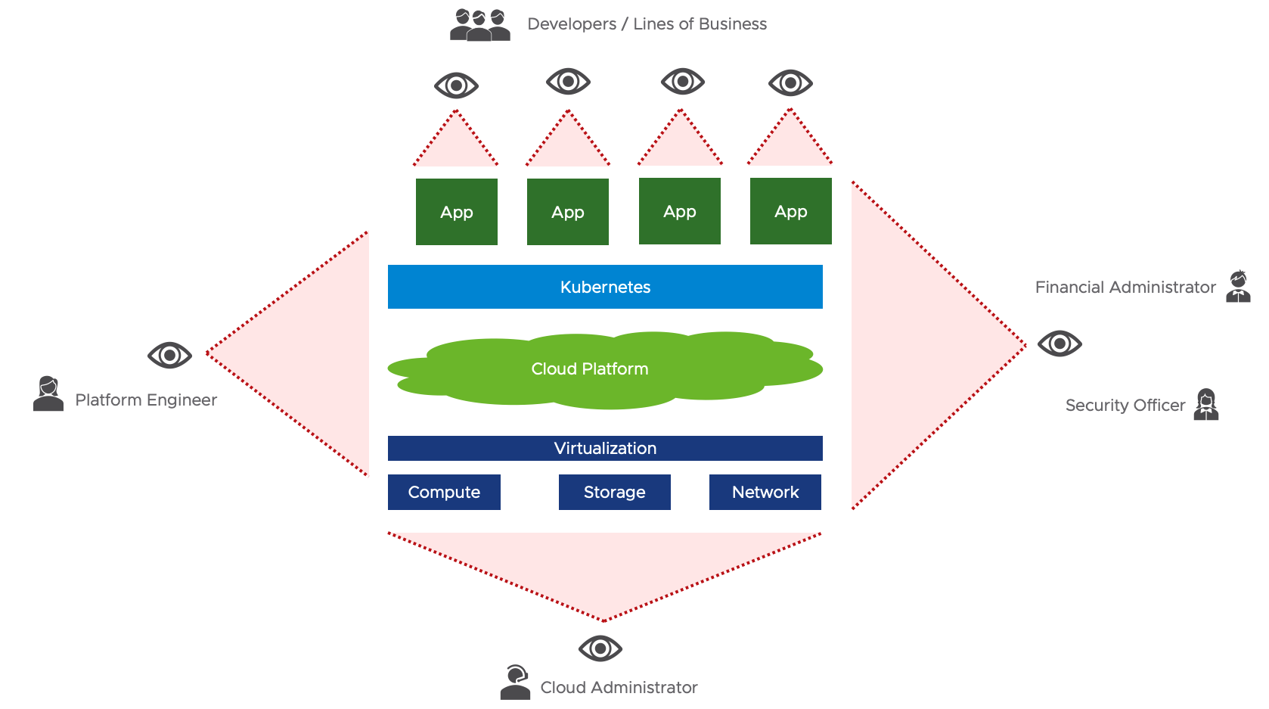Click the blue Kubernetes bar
pos(605,287)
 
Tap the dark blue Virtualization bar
pos(605,448)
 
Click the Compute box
pos(444,492)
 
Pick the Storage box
pos(614,492)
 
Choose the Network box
pos(765,492)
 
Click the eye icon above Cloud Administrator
pos(600,648)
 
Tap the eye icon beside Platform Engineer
pos(169,355)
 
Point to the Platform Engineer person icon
pos(48,393)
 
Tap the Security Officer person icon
pos(1206,404)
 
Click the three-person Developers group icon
pos(479,24)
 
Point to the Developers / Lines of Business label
pos(647,24)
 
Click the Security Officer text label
pos(1125,406)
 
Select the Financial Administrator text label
pos(1125,288)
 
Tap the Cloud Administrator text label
pos(619,688)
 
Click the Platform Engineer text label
pos(146,400)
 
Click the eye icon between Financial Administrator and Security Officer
pos(1060,344)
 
